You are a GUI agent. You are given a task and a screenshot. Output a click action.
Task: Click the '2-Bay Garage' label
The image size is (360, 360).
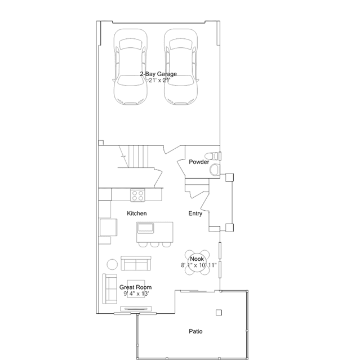pos(158,74)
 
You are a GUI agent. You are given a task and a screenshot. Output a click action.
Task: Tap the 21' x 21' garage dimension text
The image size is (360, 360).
pos(159,81)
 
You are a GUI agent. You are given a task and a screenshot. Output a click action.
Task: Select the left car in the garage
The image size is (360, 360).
pos(130,66)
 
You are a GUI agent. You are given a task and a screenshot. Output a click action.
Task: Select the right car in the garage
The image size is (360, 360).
pos(181,66)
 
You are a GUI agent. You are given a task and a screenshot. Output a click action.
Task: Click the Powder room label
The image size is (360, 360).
pos(199,162)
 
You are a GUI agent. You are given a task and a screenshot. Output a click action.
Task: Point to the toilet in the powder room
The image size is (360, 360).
pos(212,156)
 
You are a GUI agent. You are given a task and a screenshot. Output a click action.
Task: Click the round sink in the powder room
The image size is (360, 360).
pos(215,170)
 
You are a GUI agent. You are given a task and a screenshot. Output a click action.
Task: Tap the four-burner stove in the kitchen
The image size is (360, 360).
pos(137,195)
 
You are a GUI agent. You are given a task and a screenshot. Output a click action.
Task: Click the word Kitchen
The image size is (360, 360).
pos(136,214)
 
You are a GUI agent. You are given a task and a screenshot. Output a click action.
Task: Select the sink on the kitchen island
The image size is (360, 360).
pos(145,228)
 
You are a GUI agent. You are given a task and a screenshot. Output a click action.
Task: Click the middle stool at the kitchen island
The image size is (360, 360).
pos(154,245)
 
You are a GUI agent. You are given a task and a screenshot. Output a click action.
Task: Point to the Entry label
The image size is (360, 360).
pos(195,214)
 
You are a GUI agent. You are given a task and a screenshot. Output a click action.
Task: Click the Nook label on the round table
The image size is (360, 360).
pos(197,259)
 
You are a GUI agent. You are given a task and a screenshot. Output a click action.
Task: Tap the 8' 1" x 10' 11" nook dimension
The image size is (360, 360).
pos(199,265)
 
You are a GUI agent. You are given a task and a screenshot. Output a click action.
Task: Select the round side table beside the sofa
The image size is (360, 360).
pos(112,264)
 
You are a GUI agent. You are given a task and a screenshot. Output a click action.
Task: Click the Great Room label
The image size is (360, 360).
pos(135,287)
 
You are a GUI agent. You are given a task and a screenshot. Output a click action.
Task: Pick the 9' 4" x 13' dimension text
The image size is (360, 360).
pos(136,294)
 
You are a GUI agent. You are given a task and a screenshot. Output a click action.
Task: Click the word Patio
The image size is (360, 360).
pos(195,331)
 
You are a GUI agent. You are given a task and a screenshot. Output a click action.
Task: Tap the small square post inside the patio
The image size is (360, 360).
pos(219,313)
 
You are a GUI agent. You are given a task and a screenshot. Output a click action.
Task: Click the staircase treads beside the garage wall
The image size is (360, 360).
pos(139,157)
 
